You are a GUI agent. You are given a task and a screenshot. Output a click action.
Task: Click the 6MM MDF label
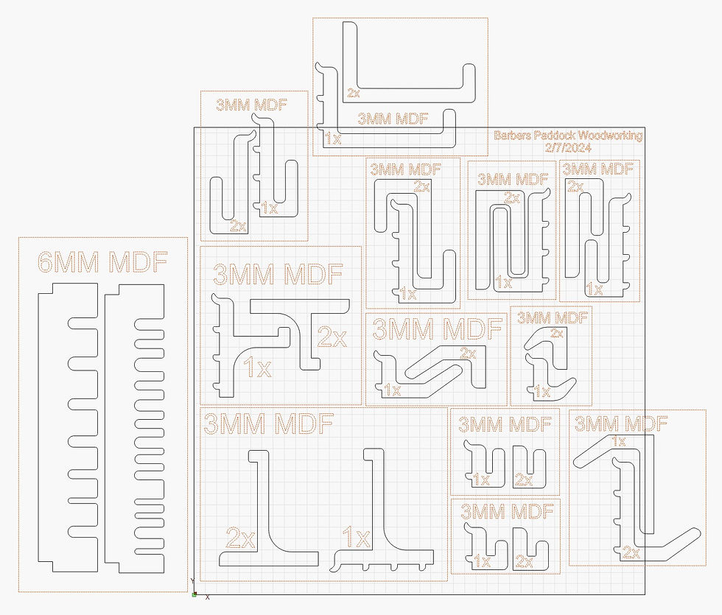click(x=102, y=262)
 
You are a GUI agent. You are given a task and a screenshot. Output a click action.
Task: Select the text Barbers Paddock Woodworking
click(x=568, y=136)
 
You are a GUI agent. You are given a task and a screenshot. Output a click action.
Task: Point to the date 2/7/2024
click(x=568, y=148)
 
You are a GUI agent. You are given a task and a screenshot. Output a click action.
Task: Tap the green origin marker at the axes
click(x=194, y=595)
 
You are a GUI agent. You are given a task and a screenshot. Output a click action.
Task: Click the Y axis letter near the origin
click(x=192, y=581)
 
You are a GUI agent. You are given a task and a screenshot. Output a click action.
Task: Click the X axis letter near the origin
click(x=208, y=597)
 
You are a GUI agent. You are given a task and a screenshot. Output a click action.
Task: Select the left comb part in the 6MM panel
click(x=68, y=428)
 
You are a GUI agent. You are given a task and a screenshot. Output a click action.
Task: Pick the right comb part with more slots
click(x=134, y=429)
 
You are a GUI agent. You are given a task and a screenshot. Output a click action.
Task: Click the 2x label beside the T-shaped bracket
click(x=332, y=337)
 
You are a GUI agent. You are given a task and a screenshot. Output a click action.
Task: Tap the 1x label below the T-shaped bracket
click(x=257, y=368)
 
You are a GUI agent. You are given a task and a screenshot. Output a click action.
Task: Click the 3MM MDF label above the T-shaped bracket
click(x=278, y=274)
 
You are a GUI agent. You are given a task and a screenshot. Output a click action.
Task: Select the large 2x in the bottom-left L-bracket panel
click(x=240, y=538)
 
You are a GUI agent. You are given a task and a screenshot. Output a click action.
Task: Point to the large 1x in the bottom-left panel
click(x=357, y=537)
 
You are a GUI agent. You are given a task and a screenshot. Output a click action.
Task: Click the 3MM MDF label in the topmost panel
click(x=393, y=119)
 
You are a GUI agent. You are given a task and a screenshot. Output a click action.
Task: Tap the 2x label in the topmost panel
click(x=354, y=93)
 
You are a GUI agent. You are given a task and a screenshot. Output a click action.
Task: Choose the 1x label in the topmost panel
click(x=333, y=138)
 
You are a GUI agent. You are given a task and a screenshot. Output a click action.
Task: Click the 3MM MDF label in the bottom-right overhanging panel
click(x=621, y=424)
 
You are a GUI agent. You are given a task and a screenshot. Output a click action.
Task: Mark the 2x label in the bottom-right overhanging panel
click(x=631, y=552)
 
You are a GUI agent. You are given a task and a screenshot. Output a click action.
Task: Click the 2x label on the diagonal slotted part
click(x=468, y=353)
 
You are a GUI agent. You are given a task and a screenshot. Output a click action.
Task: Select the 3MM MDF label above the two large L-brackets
click(x=268, y=424)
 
